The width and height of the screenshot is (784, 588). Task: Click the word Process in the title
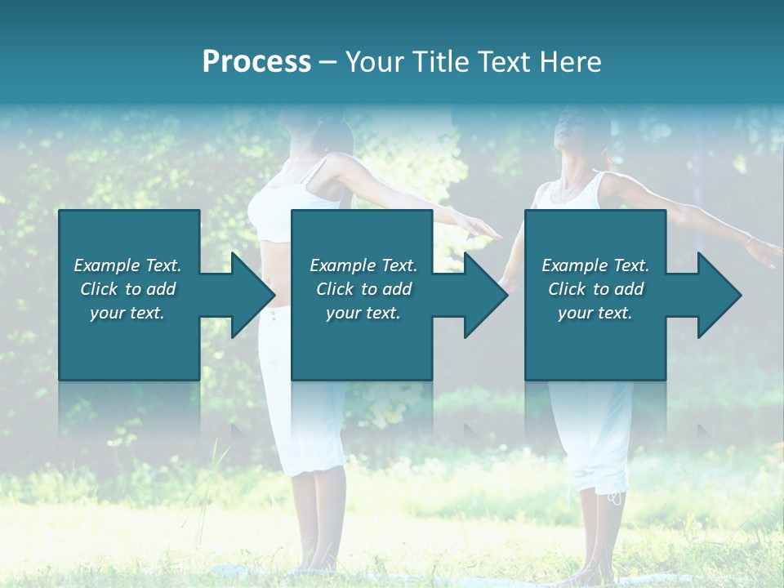(256, 62)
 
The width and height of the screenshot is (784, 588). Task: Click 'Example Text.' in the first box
(127, 265)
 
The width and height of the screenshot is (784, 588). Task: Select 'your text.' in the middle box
(363, 314)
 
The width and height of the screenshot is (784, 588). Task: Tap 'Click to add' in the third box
(595, 289)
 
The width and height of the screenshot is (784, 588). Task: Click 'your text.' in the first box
(127, 314)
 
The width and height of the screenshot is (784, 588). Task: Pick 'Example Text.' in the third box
(595, 265)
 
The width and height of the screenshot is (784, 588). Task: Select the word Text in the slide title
(500, 62)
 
